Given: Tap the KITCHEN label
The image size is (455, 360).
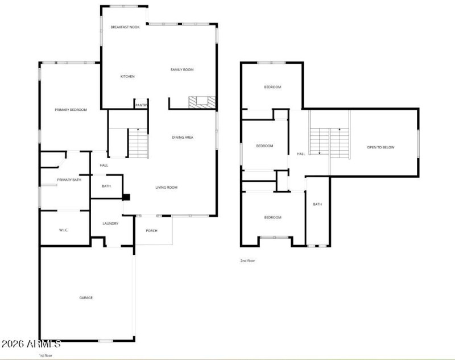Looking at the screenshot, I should pos(127,76).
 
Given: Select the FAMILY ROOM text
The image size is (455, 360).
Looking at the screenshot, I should pos(182,69).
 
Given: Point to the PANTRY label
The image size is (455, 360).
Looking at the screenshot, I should pos(142,105).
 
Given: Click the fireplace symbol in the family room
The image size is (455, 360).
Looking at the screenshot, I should pos(202,102).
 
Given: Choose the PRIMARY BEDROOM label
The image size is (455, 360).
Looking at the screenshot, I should pos(71,109).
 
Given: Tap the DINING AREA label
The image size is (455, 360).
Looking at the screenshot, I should pos(183,137).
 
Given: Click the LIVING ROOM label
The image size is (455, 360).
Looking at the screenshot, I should pos(167,187).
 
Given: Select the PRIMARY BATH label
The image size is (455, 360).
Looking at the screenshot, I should pos(69,180).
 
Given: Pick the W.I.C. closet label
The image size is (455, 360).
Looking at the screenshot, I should pos(64,230).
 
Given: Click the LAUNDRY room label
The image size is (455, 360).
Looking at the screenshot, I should pos(110,224).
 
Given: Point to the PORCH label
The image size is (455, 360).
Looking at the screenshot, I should pos(151,230).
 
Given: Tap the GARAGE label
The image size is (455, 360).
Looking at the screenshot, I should pos(86,297).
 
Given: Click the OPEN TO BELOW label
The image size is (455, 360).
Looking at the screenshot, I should pos(380,147).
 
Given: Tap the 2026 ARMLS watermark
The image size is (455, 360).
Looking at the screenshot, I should pos(31,344).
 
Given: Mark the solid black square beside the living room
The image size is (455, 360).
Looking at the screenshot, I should pos(126,197).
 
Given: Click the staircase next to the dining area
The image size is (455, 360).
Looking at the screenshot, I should pos(138,143).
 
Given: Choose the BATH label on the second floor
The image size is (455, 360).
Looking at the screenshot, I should pos(317,204).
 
